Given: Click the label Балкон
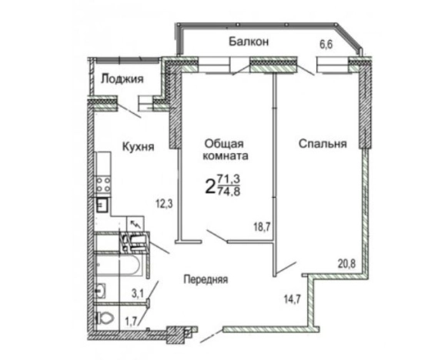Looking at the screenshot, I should coord(247,42).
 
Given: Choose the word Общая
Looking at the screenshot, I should coord(224,142).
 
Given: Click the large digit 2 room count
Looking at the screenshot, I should coord(209,185).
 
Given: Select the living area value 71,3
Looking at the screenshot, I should coord(229,178).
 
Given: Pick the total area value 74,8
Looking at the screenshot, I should coord(229,192).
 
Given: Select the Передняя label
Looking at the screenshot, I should coord(205,279).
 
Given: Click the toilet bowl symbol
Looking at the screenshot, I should coord(101,317).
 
